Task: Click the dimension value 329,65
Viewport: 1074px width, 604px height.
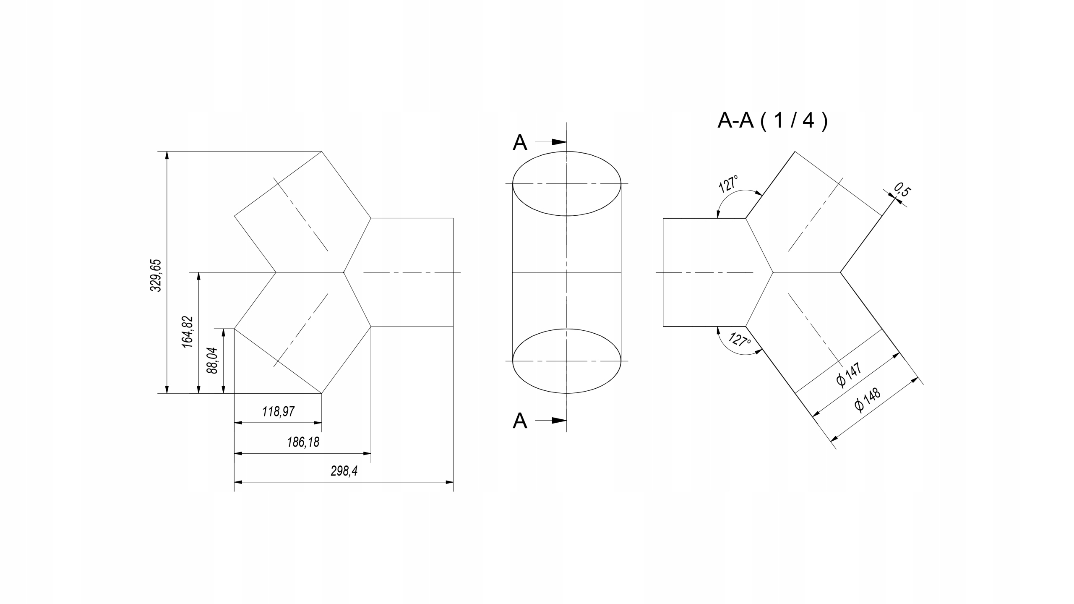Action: (x=156, y=275)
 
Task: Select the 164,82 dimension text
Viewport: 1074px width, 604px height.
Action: (x=188, y=332)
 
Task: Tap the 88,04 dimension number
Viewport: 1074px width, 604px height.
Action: (x=213, y=361)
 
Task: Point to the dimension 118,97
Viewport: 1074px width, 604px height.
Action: (x=278, y=411)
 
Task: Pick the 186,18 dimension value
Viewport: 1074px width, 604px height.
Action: (x=303, y=442)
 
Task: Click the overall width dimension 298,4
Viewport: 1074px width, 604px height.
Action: (x=344, y=471)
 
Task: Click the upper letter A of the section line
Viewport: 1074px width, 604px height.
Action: (x=520, y=143)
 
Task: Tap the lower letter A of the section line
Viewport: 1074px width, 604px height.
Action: (x=520, y=421)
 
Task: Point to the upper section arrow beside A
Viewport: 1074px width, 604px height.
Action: (x=551, y=142)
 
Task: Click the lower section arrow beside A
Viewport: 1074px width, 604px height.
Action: (x=551, y=420)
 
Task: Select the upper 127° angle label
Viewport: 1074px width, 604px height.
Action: (x=729, y=184)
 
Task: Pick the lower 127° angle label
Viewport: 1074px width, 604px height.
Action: (x=740, y=339)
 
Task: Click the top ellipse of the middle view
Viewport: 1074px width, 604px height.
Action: (x=567, y=152)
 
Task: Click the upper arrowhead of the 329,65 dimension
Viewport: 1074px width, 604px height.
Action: (x=167, y=155)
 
